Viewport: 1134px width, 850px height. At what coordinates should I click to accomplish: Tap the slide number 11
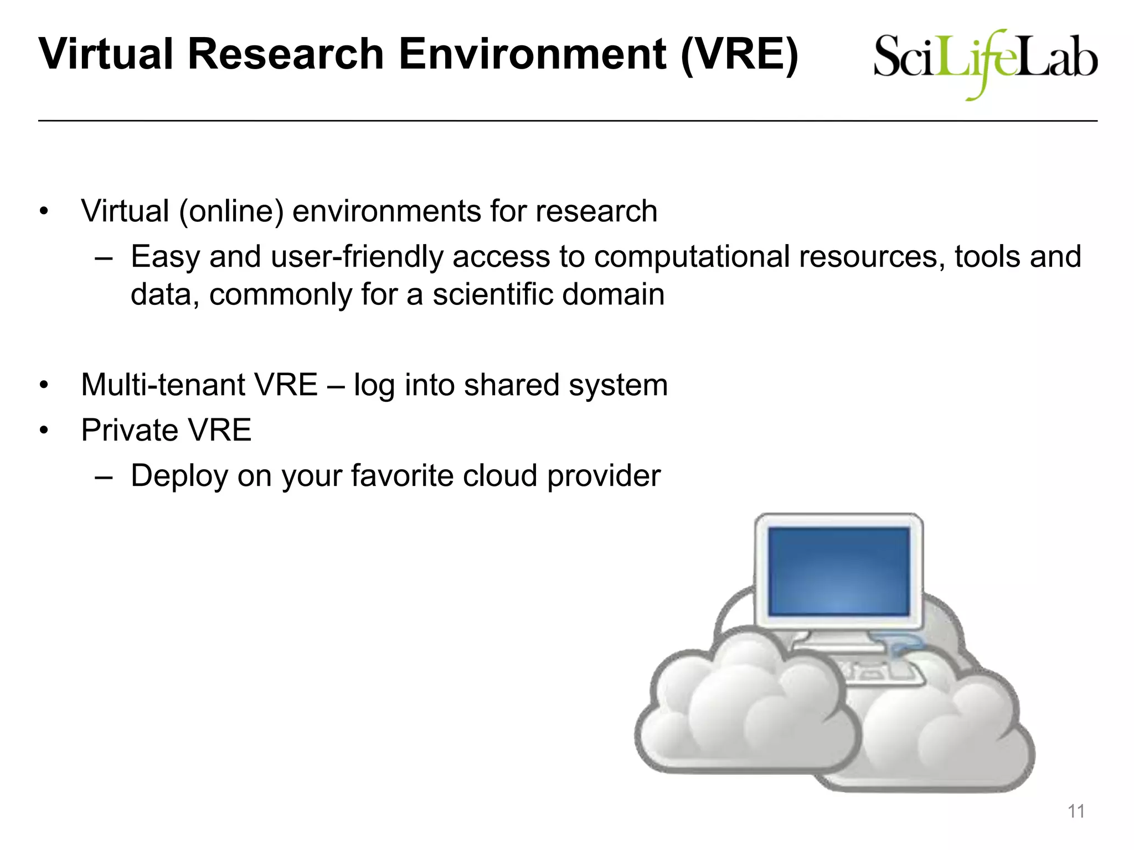[x=1076, y=811]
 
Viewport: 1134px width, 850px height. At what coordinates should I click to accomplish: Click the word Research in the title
[x=286, y=54]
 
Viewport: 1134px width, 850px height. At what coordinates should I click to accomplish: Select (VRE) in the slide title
[x=739, y=54]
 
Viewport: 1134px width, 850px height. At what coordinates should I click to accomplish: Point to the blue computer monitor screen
[x=839, y=571]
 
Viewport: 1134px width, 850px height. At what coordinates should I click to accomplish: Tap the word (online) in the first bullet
[x=231, y=211]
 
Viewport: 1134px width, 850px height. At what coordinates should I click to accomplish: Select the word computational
[x=692, y=257]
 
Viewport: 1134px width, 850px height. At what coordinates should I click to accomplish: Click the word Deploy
[x=179, y=476]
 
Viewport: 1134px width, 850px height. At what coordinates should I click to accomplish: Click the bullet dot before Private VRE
[x=44, y=430]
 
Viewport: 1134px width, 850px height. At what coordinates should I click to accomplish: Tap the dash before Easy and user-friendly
[x=104, y=258]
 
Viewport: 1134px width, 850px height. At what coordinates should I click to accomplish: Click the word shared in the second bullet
[x=512, y=385]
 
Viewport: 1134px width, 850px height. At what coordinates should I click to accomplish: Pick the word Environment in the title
[x=533, y=54]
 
